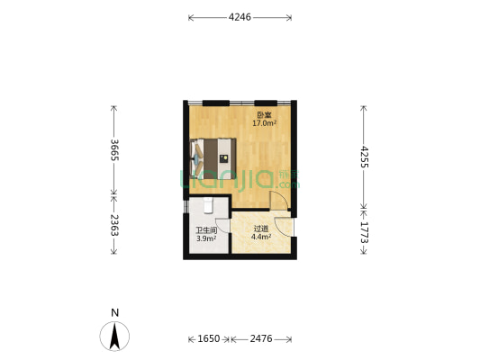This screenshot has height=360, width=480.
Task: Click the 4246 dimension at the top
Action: [x=240, y=17]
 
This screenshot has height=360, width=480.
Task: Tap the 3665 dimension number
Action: [x=114, y=150]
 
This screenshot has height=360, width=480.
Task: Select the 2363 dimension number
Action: [x=114, y=225]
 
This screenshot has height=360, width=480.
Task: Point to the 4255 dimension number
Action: [x=364, y=157]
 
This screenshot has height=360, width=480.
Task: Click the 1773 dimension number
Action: [x=364, y=232]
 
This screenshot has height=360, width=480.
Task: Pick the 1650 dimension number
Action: [x=209, y=338]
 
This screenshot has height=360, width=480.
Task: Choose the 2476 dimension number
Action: [x=261, y=338]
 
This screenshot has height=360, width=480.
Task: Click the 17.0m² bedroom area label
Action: [x=265, y=123]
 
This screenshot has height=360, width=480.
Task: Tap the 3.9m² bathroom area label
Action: [x=206, y=238]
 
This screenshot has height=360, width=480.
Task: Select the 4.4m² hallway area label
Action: [x=261, y=237]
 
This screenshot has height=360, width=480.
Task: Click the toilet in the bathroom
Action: [x=208, y=205]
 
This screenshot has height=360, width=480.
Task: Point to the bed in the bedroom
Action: [x=213, y=158]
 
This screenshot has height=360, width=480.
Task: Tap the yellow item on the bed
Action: [x=224, y=157]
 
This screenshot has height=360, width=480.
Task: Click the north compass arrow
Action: [x=114, y=337]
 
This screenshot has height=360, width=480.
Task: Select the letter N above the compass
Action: [x=114, y=313]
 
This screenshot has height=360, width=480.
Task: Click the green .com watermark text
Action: [x=288, y=185]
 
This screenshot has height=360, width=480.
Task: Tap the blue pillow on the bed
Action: [x=196, y=158]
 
